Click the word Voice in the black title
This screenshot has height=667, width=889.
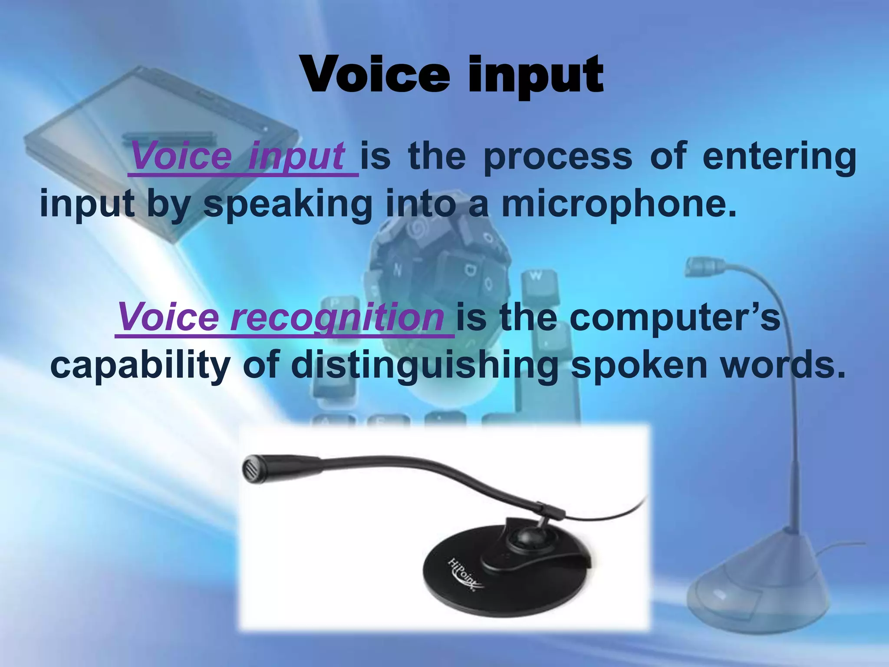pyautogui.click(x=375, y=75)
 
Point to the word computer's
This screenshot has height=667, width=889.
pyautogui.click(x=675, y=317)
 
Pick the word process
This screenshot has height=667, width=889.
pyautogui.click(x=558, y=156)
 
